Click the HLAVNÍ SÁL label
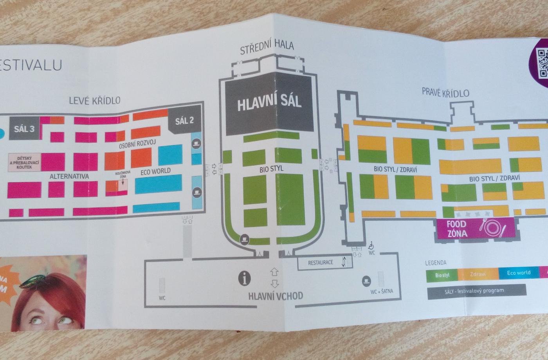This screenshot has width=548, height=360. [269, 103]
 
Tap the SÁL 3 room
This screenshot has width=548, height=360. [24, 128]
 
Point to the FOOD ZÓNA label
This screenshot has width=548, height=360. [457, 229]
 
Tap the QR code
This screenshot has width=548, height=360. [542, 63]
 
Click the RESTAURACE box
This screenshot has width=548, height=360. [321, 263]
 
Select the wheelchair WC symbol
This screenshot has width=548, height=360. [371, 245]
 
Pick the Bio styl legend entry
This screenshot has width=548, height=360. [442, 275]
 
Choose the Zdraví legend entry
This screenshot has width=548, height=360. [478, 274]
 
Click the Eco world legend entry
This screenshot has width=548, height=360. [519, 273]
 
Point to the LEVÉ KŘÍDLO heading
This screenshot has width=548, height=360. [94, 101]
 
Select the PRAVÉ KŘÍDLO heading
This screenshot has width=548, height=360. [445, 92]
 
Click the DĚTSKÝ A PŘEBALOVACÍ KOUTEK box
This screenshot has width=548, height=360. [25, 162]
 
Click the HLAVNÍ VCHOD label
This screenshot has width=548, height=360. [276, 296]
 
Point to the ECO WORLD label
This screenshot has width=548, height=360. [155, 171]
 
